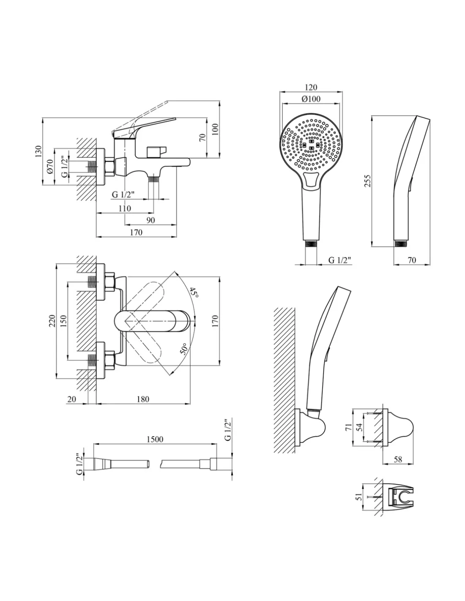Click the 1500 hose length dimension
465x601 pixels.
pos(155,439)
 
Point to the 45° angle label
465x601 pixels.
pos(194,293)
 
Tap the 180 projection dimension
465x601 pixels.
pos(143,399)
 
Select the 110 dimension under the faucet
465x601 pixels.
pos(125,208)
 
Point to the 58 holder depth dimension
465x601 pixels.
pos(398,459)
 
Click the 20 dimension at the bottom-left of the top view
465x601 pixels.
pos(72,399)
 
